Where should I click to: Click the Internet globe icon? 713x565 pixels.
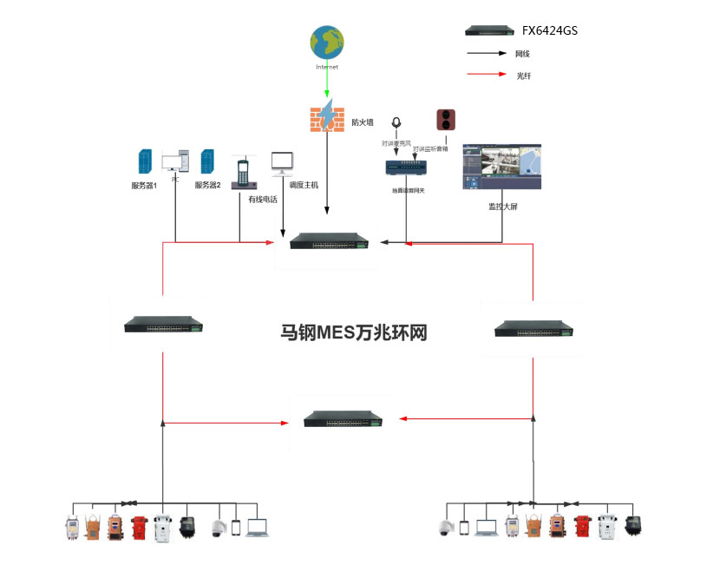coord(327,43)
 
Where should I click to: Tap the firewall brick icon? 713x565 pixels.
coord(327,118)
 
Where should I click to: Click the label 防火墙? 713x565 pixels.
coord(363,122)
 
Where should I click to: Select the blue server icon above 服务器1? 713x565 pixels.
coord(144,162)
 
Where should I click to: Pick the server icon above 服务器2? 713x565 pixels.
coord(208,162)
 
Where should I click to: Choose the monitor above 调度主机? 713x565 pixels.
coord(283,163)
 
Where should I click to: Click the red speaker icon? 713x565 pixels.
coord(446,120)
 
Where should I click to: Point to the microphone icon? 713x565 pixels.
coord(396,124)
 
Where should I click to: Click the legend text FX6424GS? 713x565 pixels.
coord(549,30)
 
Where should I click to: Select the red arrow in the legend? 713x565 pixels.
coord(487,76)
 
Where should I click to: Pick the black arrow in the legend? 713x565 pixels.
coord(487,53)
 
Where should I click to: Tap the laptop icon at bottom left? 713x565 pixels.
coord(258,527)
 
